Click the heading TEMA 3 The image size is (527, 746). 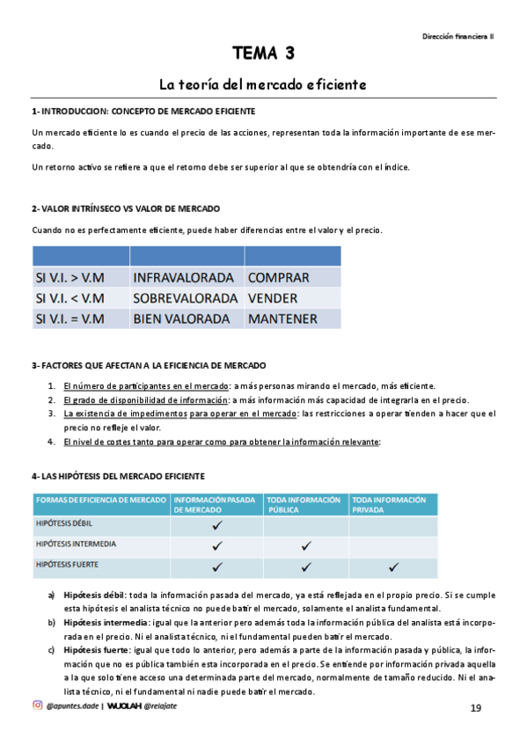coord(263,55)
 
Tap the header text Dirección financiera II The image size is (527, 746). coord(457,36)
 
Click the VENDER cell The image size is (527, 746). coord(273,298)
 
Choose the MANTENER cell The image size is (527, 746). coord(282,319)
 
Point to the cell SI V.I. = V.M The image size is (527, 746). coord(70,319)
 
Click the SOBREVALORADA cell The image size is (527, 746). coord(185,298)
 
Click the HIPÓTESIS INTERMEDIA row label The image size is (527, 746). coord(76,545)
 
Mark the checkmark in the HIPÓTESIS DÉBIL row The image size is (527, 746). coord(216,525)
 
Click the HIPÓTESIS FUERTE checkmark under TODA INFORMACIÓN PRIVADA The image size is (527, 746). coord(393,566)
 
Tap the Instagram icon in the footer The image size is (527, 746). coord(37,706)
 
